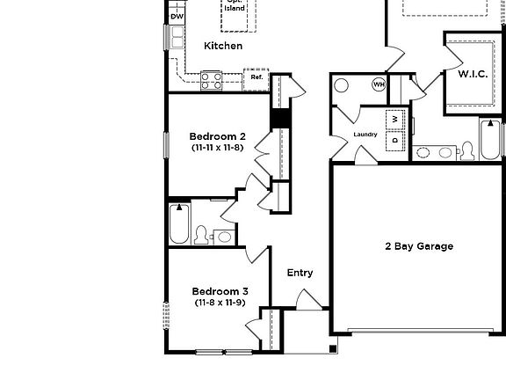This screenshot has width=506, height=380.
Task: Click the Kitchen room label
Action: coord(223,46)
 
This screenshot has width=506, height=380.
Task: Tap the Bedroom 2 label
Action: coord(218,136)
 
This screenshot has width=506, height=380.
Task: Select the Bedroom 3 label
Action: coord(220,291)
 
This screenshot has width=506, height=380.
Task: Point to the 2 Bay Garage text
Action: coord(419,246)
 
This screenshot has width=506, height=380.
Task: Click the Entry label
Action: coord(300,273)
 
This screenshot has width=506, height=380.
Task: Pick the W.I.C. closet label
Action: coord(473,75)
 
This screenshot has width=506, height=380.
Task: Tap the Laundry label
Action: coord(365,135)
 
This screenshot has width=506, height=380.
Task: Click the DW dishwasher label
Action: coord(177,16)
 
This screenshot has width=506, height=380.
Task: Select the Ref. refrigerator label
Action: coord(257,77)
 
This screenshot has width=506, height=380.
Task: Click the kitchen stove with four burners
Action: coord(212,80)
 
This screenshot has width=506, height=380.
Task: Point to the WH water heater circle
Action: coord(379,84)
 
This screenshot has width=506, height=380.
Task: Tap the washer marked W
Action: coord(395,119)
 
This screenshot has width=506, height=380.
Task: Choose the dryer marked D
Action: coord(395,139)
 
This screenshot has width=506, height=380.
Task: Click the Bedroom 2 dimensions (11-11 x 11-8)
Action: coord(218,149)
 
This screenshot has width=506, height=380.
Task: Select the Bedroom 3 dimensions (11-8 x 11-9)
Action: coord(220,303)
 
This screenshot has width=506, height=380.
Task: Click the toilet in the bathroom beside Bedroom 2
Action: coord(201,234)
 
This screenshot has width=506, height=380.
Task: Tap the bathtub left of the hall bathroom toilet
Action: coord(178,224)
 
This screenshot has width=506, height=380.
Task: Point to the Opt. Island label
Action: coord(235,5)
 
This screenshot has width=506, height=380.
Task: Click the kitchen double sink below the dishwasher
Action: coord(177,37)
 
